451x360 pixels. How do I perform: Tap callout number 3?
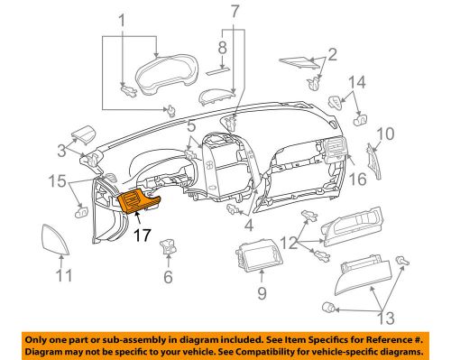61,149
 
